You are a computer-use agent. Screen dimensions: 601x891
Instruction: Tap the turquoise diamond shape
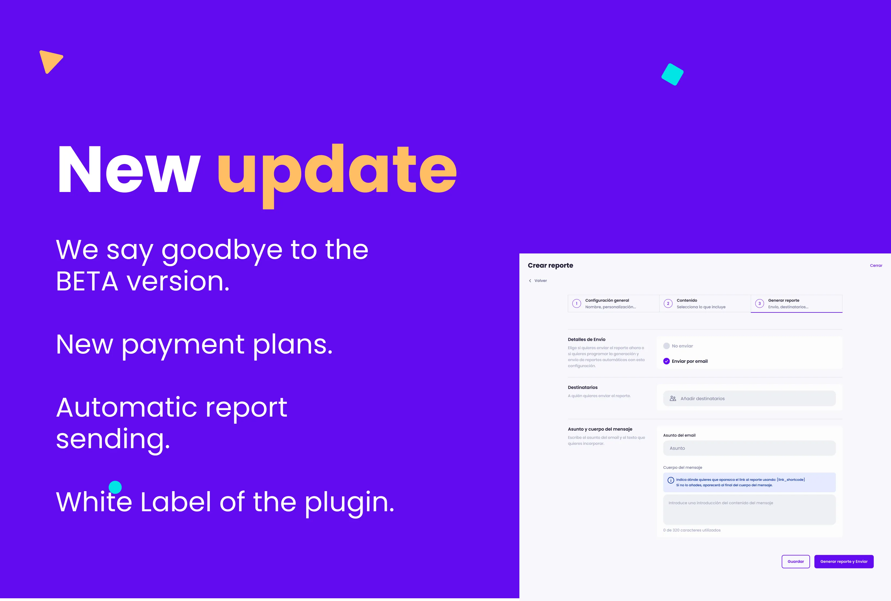click(672, 74)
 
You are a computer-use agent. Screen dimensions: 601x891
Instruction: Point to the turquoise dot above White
click(115, 487)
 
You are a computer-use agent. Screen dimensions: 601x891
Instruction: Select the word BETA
click(87, 281)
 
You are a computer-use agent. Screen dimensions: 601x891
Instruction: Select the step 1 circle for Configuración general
click(576, 303)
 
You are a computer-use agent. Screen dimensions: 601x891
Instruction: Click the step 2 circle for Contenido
click(668, 303)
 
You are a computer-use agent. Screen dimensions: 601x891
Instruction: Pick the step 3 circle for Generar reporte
click(759, 303)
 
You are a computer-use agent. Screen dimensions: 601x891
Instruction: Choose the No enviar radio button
click(666, 346)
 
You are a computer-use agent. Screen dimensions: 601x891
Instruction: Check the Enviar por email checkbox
click(666, 361)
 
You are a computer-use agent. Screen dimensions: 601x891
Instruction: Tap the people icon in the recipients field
click(673, 399)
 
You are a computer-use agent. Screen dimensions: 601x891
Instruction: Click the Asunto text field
click(749, 448)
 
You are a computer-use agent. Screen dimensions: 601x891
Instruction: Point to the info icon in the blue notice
click(670, 480)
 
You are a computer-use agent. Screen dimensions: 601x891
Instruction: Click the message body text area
click(749, 510)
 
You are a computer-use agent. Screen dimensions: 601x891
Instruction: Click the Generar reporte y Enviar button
click(843, 562)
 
